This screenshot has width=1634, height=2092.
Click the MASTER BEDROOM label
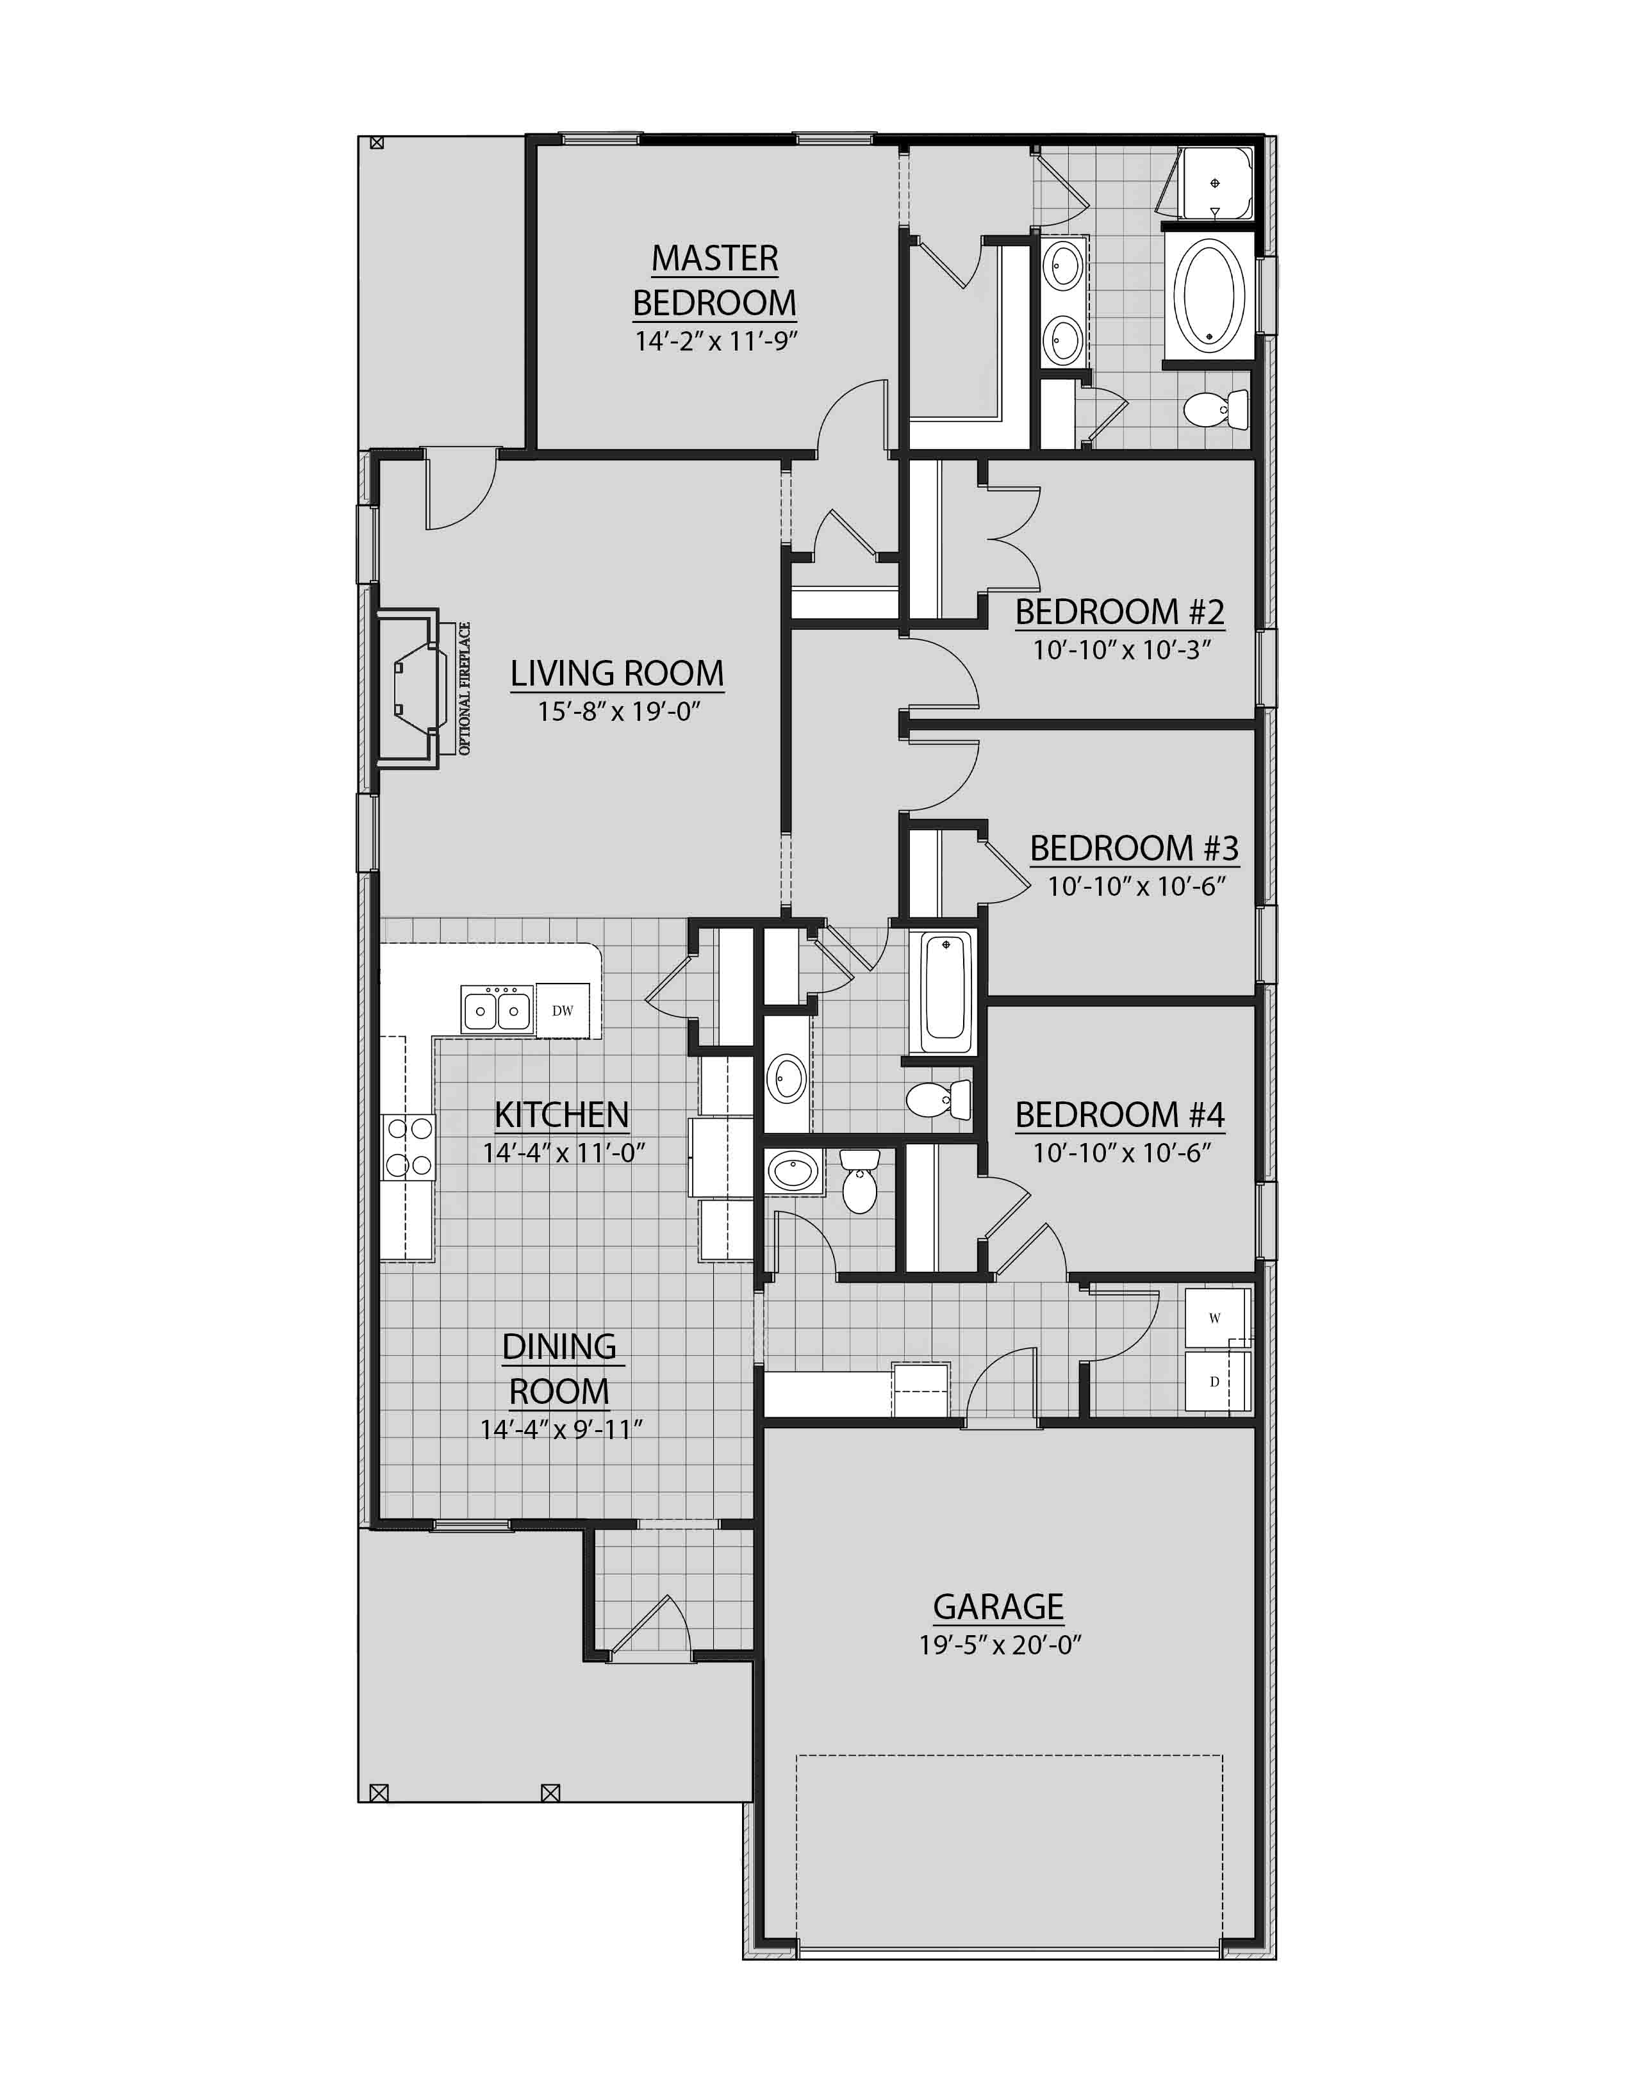[714, 280]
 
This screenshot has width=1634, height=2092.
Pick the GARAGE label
[998, 1606]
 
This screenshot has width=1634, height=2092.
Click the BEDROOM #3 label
[1134, 848]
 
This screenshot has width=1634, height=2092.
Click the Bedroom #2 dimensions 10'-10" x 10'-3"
[1121, 650]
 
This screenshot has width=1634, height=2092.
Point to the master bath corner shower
[1214, 184]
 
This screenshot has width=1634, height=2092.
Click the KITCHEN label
[561, 1114]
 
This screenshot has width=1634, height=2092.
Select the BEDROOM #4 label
[1119, 1114]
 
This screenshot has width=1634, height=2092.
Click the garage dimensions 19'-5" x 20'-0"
[1000, 1645]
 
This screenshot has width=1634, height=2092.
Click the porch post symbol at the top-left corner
[376, 144]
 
